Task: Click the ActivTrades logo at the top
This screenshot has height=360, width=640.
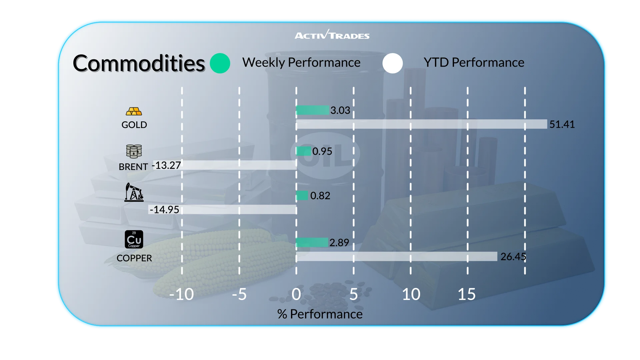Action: click(x=332, y=35)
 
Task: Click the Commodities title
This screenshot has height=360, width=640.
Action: click(x=139, y=63)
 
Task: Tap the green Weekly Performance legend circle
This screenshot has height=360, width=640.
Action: click(x=220, y=63)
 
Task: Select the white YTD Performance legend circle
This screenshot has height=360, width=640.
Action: click(x=393, y=63)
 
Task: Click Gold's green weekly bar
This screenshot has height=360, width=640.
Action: click(x=312, y=110)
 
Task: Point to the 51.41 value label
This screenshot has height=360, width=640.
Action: click(x=562, y=124)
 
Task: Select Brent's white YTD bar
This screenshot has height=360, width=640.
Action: click(x=238, y=165)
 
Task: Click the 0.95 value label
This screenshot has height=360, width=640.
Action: click(x=322, y=151)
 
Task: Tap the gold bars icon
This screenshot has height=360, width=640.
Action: click(x=134, y=111)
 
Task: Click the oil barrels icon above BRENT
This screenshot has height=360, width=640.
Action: click(x=134, y=151)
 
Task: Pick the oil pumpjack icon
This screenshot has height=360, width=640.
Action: click(x=134, y=192)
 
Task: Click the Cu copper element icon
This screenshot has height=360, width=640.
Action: click(x=134, y=239)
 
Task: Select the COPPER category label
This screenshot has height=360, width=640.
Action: click(x=134, y=258)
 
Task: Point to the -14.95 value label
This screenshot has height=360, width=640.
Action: click(x=164, y=210)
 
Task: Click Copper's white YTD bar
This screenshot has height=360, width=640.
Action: click(x=397, y=256)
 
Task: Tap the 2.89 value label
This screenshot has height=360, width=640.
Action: click(x=339, y=243)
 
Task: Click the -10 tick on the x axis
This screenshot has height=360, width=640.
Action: click(x=182, y=294)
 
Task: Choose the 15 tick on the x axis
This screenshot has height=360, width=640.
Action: click(x=467, y=294)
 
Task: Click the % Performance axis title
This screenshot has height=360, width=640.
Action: click(x=320, y=314)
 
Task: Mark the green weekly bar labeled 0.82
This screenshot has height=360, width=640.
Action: click(x=302, y=195)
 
